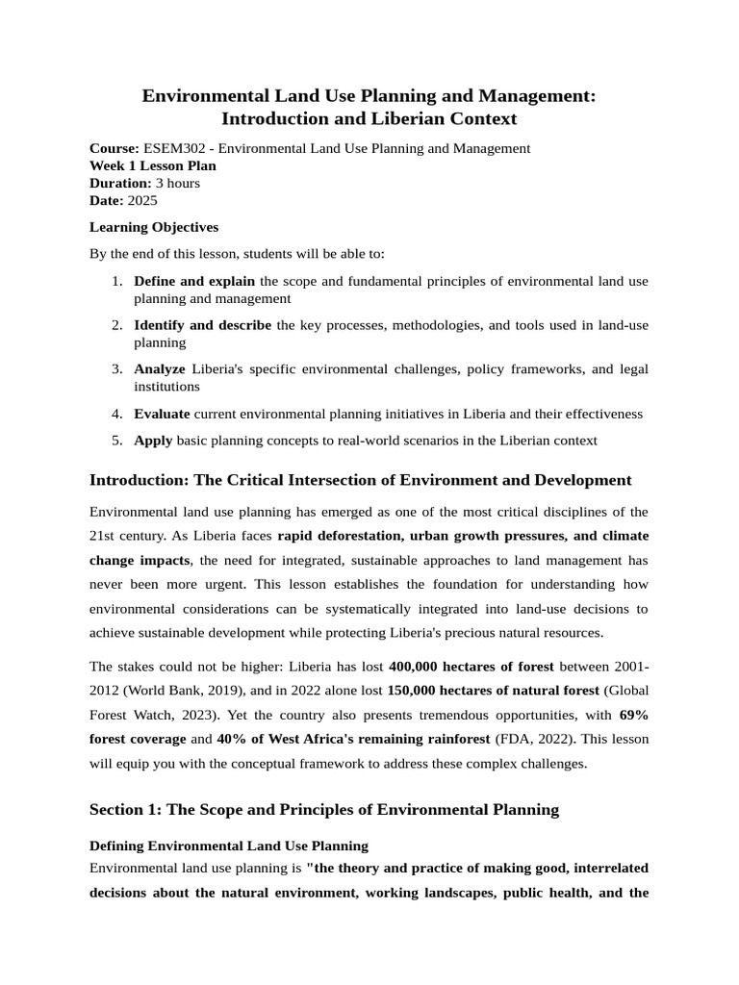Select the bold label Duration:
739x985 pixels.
pos(120,183)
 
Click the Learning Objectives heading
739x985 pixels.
pos(154,227)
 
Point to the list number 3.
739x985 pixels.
pos(116,368)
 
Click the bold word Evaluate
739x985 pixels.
pos(162,414)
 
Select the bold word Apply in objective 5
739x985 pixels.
pos(154,441)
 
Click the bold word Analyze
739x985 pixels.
pos(160,368)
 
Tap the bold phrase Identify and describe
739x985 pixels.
pos(202,325)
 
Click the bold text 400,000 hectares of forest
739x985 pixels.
pos(471,666)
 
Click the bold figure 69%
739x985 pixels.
pos(634,715)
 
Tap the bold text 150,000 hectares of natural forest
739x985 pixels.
pos(495,690)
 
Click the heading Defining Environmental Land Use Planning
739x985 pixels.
pos(228,846)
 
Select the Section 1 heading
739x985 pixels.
pos(323,809)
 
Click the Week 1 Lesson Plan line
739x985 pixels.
pos(152,165)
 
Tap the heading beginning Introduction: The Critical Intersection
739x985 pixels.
pos(360,480)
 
